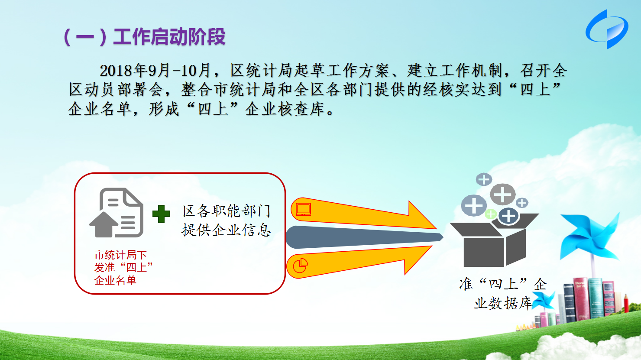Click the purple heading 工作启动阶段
tap(169, 37)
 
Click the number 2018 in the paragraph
tap(117, 71)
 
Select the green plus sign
tap(161, 214)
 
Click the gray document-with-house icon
tap(117, 213)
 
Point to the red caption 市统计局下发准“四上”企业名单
tap(123, 268)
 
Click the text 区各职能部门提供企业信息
tap(226, 221)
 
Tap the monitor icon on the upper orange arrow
tap(303, 209)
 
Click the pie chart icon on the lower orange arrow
tap(300, 266)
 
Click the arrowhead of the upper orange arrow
tap(421, 215)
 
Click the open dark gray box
tap(494, 240)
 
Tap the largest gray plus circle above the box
tap(502, 195)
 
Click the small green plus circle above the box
tap(491, 214)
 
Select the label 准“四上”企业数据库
tap(504, 293)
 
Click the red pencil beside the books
tap(626, 303)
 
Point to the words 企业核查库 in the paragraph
tap(285, 109)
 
